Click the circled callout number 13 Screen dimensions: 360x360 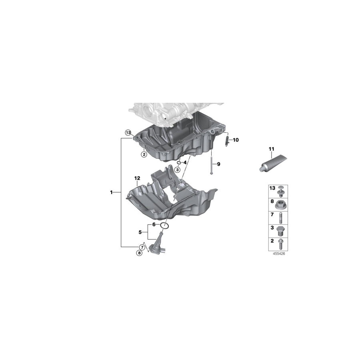tap(128, 132)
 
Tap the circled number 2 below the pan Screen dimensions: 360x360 tap(143, 154)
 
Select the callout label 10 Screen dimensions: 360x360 tap(235, 140)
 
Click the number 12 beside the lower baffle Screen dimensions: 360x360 tap(137, 178)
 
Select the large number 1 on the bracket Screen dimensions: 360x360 tap(112, 192)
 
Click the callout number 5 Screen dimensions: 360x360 tap(140, 232)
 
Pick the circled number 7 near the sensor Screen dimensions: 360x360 tap(142, 247)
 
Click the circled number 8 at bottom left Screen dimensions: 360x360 tap(139, 253)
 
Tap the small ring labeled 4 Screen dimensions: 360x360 tap(179, 163)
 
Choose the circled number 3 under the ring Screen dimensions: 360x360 tap(178, 170)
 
